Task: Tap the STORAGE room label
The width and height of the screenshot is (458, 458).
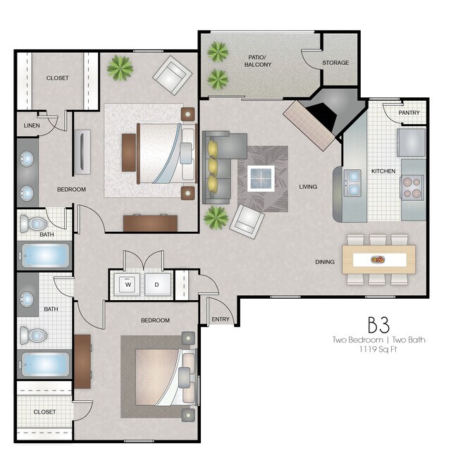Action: [x=335, y=63]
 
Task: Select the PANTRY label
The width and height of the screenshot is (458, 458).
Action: [x=409, y=113]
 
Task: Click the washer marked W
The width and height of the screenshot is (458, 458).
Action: [x=128, y=285]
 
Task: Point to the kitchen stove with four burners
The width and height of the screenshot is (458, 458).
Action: [x=411, y=186]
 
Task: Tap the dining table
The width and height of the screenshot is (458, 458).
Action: [x=378, y=259]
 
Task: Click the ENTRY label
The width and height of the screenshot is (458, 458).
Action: [x=221, y=320]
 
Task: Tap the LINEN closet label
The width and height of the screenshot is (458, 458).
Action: [x=32, y=125]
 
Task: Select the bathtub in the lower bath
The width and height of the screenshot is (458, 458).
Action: [x=44, y=365]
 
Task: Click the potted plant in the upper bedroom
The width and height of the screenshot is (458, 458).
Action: [x=120, y=68]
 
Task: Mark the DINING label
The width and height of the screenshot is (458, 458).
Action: [x=325, y=262]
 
